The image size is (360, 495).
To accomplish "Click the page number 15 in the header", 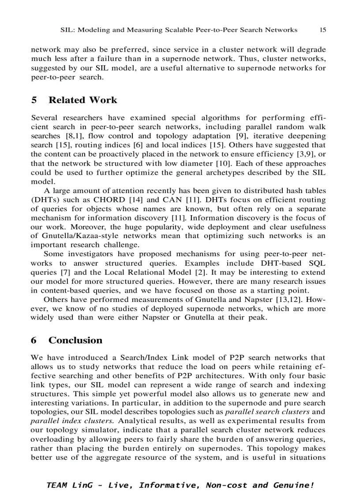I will tap(322, 30).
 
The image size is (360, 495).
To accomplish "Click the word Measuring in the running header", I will tap(142, 30).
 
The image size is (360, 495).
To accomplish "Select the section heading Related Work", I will tap(82, 100).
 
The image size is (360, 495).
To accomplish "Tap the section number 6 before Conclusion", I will tap(34, 340).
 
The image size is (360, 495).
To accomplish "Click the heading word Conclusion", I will tap(75, 340).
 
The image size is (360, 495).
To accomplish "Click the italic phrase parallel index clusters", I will tap(61, 421).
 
